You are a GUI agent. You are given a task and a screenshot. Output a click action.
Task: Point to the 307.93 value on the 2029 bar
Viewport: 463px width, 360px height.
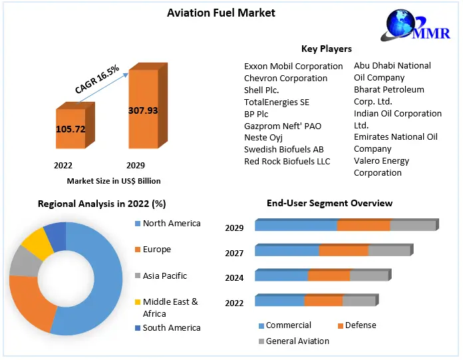143,110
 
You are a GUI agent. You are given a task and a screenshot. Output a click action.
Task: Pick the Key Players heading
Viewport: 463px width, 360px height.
326,49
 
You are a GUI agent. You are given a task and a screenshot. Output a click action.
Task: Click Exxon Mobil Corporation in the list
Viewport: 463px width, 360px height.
293,66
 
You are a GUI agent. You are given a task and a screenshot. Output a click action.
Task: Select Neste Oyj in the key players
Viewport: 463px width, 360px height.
263,137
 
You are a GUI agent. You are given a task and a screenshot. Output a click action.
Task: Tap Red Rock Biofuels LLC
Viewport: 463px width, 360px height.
287,161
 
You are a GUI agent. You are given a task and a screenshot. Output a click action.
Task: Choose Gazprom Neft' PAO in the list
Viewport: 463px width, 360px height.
282,125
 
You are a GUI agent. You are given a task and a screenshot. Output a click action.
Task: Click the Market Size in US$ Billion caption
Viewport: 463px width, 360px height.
114,180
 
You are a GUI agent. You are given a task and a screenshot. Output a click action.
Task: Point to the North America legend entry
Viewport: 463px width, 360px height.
171,224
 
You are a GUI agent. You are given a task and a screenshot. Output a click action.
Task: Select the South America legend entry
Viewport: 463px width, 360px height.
171,327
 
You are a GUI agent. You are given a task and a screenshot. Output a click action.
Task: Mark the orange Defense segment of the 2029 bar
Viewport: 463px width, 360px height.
363,226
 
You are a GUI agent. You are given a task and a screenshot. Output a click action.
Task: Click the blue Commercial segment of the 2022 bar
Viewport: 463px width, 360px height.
279,301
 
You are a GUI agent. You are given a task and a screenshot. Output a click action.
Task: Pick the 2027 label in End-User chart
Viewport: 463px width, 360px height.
234,253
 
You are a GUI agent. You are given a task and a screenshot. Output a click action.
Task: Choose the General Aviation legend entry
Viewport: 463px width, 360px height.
297,341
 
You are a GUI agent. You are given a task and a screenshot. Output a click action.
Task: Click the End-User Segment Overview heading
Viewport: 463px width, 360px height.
329,203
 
